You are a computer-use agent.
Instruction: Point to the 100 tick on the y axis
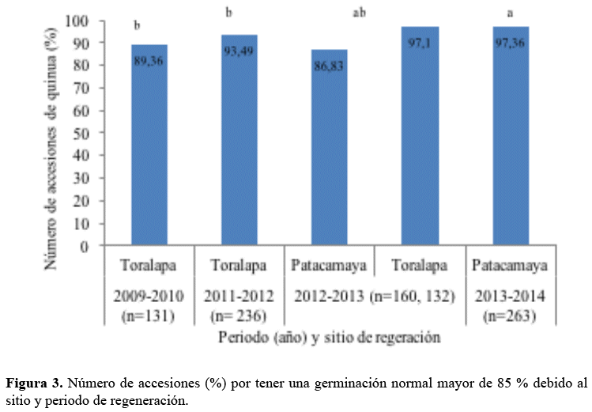pos(81,21)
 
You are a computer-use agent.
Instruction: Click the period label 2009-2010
pos(149,297)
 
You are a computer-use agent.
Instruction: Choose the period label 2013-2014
pos(510,297)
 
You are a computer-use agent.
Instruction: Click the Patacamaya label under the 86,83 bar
pos(329,264)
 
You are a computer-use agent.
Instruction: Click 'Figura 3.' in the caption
pos(34,384)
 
